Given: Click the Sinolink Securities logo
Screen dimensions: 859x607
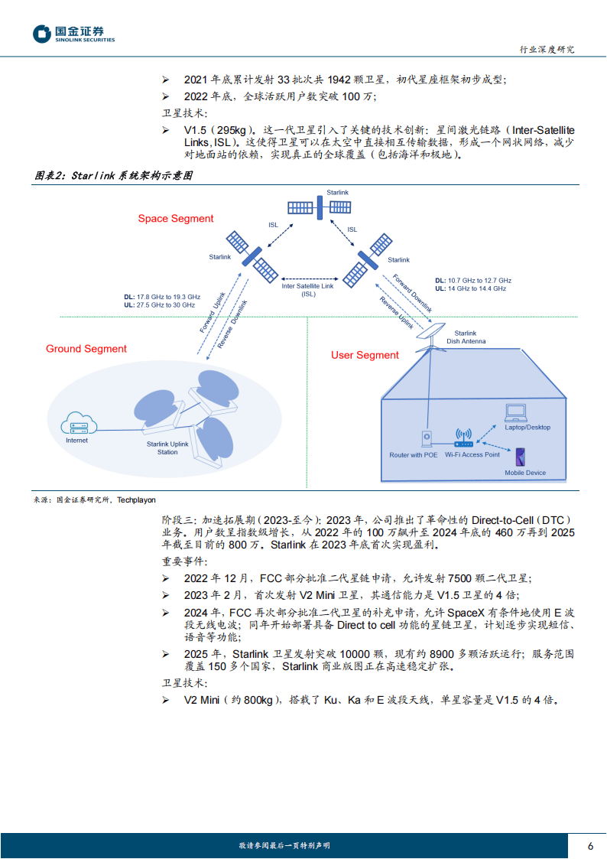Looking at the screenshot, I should click(x=73, y=34).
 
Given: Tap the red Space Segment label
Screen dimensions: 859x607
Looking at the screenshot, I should click(x=176, y=219).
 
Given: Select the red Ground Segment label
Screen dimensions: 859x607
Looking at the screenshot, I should click(x=86, y=349).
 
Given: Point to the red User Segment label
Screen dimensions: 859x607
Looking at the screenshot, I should click(x=365, y=355).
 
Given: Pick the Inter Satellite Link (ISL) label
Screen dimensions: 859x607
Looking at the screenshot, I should click(x=308, y=290).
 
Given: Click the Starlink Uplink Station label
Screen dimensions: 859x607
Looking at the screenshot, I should click(x=167, y=448).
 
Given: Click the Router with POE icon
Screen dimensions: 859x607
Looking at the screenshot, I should click(x=427, y=439).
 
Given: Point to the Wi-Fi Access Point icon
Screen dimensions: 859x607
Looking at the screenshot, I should click(x=464, y=438).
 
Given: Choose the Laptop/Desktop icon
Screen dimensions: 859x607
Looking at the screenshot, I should click(x=516, y=412).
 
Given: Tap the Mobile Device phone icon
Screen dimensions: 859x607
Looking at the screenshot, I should click(x=520, y=458).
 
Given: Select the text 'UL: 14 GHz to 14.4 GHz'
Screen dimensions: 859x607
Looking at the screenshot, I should click(x=470, y=289).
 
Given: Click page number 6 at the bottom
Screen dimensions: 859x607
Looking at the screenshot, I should click(x=590, y=846).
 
